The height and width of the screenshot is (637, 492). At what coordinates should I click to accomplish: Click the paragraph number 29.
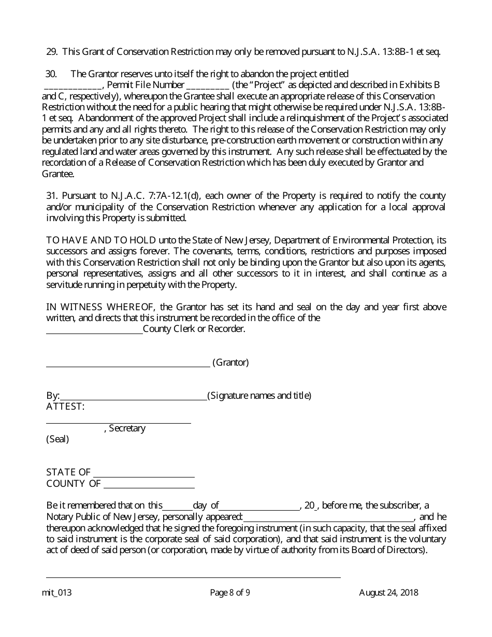pos(51,52)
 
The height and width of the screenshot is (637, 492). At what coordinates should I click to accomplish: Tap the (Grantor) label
pos(230,363)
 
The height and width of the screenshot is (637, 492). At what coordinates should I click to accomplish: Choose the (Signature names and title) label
pos(259,396)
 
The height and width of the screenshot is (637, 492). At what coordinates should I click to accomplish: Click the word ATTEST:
pos(65,407)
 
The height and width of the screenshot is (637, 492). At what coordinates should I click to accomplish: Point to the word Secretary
pos(127,428)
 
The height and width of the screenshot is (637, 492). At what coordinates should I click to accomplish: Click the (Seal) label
pos(57,439)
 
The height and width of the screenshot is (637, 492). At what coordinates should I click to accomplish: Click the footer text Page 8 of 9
pos(230,593)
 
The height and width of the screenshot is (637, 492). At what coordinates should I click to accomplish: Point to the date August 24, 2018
pos(388,593)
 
